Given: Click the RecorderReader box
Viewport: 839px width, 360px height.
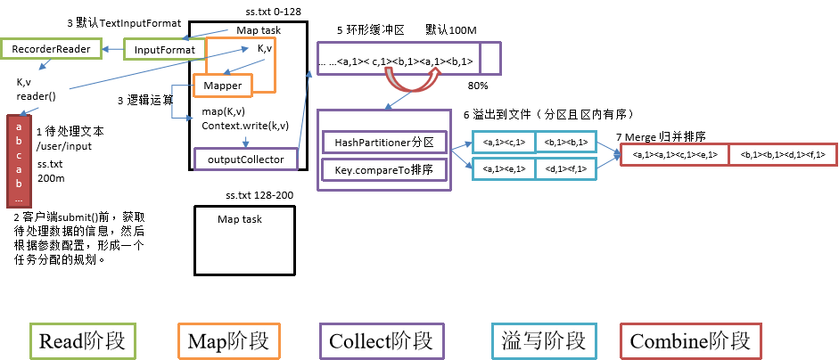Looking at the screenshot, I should [x=49, y=50].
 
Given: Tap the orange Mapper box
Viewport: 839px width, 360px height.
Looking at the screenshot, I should [x=223, y=85].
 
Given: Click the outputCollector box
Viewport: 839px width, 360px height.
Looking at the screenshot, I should [x=245, y=159].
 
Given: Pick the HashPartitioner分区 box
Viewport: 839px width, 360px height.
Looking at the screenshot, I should [x=382, y=142].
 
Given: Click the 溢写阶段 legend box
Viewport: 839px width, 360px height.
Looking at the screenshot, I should [x=543, y=340].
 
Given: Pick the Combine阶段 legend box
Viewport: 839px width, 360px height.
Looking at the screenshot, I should [x=690, y=340].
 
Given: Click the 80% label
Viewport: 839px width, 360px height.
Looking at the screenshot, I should [x=478, y=86].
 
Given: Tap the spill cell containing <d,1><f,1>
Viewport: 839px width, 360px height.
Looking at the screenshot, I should [x=566, y=168].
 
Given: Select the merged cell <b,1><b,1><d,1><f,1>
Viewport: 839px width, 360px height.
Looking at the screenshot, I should [x=777, y=155].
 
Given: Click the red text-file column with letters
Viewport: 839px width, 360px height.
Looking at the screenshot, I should [x=18, y=161].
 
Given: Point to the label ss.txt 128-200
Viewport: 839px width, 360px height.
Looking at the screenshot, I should [x=259, y=195].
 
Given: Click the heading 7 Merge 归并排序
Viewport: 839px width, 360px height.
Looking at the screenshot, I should [x=661, y=138].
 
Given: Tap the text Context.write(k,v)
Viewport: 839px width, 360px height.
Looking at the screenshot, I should [x=245, y=125].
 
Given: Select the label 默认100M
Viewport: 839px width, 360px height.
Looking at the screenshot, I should [x=451, y=29].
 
